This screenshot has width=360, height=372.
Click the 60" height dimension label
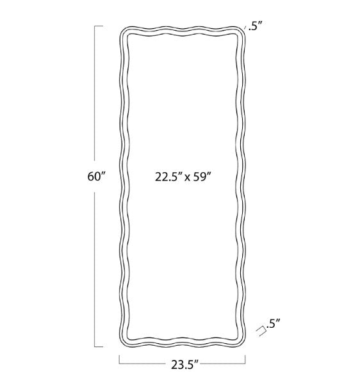click(96, 176)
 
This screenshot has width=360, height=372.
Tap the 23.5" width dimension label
click(185, 365)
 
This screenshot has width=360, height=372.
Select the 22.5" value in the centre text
click(168, 177)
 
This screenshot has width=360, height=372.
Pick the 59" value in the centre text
click(202, 177)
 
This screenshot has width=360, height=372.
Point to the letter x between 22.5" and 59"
click(188, 178)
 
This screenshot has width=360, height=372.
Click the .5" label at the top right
click(256, 26)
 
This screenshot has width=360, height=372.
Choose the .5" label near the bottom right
click(273, 323)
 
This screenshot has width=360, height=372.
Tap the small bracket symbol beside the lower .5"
click(261, 331)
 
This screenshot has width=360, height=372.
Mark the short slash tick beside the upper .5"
click(245, 28)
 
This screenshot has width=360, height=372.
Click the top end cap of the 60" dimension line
click(99, 26)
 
